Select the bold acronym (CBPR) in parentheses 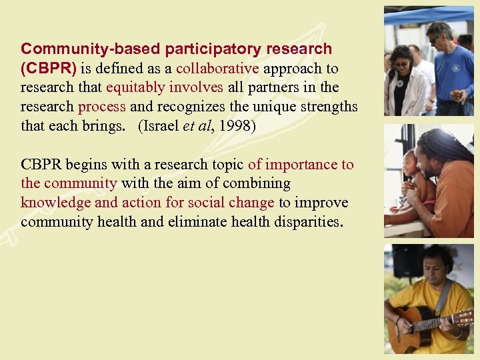coord(44,69)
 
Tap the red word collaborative coord(217,69)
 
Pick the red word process coord(102,107)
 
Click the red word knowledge coord(51,203)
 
